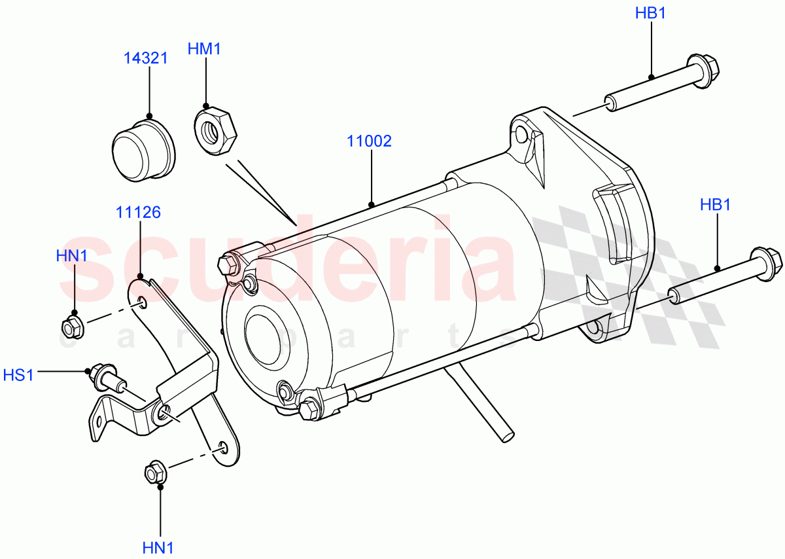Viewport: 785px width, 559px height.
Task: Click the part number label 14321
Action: tap(146, 58)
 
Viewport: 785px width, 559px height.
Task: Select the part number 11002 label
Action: tap(369, 141)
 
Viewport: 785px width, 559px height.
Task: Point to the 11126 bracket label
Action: tap(139, 212)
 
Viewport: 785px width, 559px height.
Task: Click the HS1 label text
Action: tap(18, 374)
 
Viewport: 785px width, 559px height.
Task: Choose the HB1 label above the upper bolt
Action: tap(650, 13)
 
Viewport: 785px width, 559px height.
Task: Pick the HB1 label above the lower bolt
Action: tap(715, 204)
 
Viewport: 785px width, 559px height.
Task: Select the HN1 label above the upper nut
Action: tap(71, 256)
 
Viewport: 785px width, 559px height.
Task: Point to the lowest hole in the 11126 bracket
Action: tap(223, 446)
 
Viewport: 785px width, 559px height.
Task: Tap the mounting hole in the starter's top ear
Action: tap(521, 136)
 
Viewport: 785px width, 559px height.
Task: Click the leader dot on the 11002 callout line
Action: tap(371, 205)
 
